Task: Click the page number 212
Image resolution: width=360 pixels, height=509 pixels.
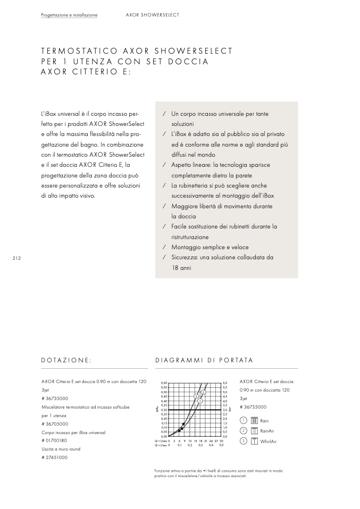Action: point(16,258)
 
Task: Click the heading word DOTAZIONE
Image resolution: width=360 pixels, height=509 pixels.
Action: point(66,360)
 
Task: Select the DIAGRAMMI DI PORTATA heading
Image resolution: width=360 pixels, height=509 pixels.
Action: point(204,360)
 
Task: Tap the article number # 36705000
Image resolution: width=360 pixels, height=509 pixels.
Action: point(55,424)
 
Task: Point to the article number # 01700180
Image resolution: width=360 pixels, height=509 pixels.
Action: point(54,440)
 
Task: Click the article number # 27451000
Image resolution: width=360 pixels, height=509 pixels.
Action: point(54,457)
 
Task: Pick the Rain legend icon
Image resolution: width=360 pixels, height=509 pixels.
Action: point(254,421)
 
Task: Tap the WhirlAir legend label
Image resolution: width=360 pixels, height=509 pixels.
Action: point(269,442)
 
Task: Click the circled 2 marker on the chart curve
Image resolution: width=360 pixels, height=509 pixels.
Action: point(203,392)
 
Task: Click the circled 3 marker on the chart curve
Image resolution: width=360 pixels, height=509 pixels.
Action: point(196,396)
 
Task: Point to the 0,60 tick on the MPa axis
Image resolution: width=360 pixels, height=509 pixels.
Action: point(164,383)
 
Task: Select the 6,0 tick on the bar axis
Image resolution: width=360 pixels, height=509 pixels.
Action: point(225,383)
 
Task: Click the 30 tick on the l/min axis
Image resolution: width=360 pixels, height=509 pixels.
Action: point(221,441)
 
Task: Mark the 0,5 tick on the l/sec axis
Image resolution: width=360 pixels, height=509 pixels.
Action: point(221,445)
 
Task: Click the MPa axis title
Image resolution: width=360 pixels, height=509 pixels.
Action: point(157,410)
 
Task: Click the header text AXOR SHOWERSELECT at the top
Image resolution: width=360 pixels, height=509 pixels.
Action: point(152,15)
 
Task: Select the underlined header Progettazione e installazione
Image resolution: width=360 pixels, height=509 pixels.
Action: point(69,15)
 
